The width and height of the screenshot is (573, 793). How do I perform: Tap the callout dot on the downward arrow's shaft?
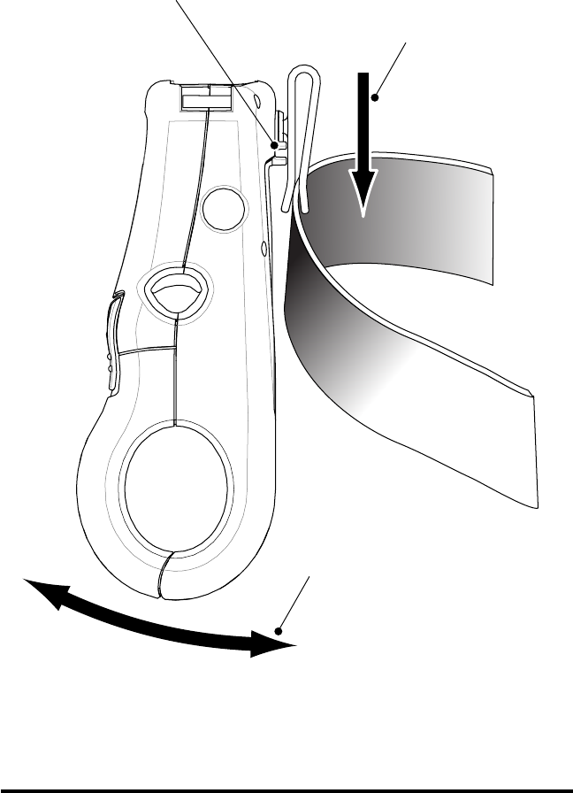pos(375,97)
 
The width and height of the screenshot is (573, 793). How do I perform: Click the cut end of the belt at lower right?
pos(533,451)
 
